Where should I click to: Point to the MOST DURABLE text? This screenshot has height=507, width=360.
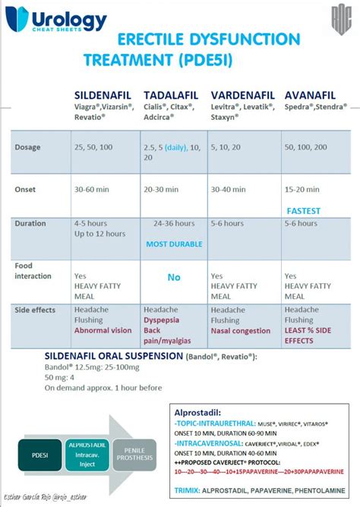pos(174,244)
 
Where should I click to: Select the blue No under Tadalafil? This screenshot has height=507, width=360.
pos(174,278)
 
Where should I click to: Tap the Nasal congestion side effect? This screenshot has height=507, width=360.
pos(240,331)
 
